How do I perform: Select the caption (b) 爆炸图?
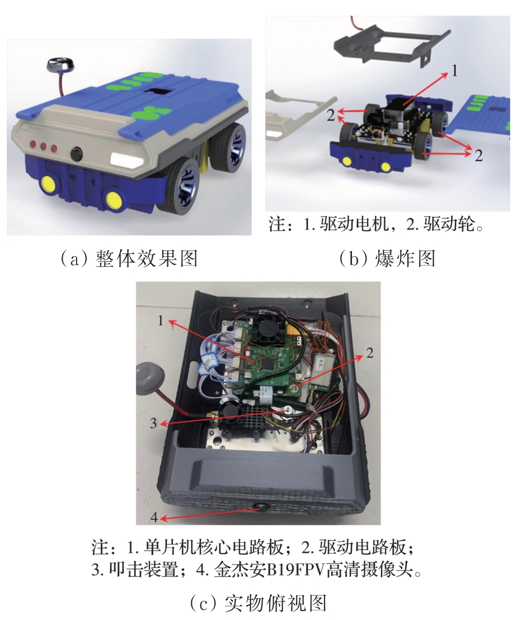pos(387,260)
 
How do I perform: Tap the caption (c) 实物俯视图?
pos(258,603)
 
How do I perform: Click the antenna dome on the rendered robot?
pos(58,64)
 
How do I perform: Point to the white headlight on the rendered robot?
pos(127,159)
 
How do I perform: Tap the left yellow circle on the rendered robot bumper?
pos(49,183)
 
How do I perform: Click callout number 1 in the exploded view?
pos(454,71)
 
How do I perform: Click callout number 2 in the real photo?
pos(370,353)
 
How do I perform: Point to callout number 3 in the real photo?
pos(153,424)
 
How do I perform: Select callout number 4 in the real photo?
pos(154,516)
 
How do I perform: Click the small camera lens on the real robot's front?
pos(261,506)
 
